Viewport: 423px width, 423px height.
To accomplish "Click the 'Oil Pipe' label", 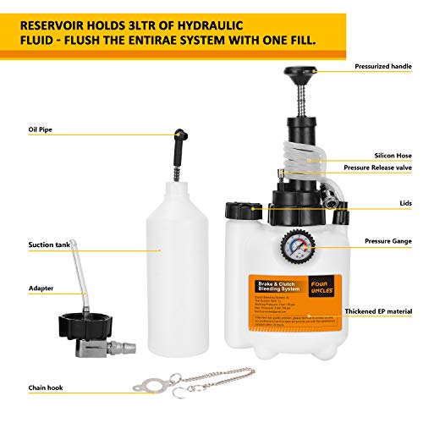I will [41, 130].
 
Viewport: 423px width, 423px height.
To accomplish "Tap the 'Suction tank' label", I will [47, 244].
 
